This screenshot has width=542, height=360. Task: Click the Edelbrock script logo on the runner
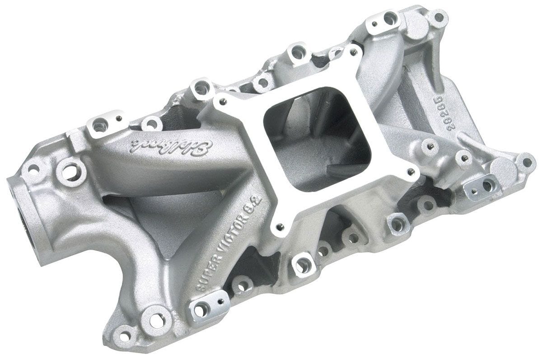(x=172, y=145)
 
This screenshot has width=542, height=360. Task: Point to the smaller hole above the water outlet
(x=34, y=169)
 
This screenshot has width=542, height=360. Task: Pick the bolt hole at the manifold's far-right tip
(x=526, y=160)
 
